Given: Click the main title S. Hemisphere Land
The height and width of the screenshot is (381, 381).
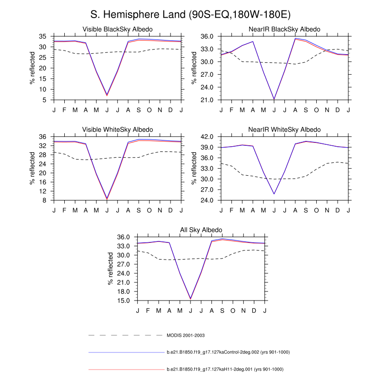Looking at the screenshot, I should [190, 15].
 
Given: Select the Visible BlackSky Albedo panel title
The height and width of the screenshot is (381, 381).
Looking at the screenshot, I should [117, 30].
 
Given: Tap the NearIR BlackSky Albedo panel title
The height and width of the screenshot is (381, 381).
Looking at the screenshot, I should [285, 30].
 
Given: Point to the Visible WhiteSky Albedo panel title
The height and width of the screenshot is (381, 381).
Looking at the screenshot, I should [117, 130].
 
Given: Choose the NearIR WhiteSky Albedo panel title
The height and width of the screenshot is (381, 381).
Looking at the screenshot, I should [285, 130].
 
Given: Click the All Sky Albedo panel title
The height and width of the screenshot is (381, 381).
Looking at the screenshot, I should [201, 231].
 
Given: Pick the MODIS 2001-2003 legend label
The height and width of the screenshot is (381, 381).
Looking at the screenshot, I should [186, 336].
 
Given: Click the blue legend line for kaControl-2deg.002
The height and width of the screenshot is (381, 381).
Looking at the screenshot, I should [126, 352].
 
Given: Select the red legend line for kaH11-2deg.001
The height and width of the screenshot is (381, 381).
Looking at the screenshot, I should [126, 369].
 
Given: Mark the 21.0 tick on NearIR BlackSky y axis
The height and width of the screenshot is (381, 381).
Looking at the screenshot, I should [210, 100].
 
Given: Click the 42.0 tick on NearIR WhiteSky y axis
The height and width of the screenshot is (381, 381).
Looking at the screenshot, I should [210, 137].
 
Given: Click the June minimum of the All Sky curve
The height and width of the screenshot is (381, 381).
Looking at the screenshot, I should [190, 299].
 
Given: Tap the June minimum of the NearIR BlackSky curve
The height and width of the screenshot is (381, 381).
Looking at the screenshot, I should [274, 99].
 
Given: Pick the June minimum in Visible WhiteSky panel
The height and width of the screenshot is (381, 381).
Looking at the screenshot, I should [107, 199].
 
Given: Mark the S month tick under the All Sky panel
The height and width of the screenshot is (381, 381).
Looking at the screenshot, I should [222, 311].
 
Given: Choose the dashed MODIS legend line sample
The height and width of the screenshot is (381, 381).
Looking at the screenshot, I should [126, 336].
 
